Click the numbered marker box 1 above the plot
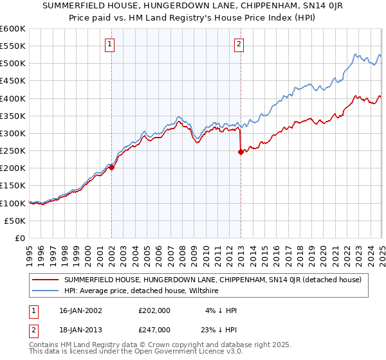click(111, 44)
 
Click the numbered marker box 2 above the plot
click(239, 44)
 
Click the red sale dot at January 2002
click(111, 167)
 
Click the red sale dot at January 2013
click(241, 152)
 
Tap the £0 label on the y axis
click(21, 238)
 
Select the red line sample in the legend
click(45, 280)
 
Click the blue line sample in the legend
click(45, 291)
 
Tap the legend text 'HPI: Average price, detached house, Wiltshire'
click(142, 291)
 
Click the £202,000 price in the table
click(154, 310)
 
